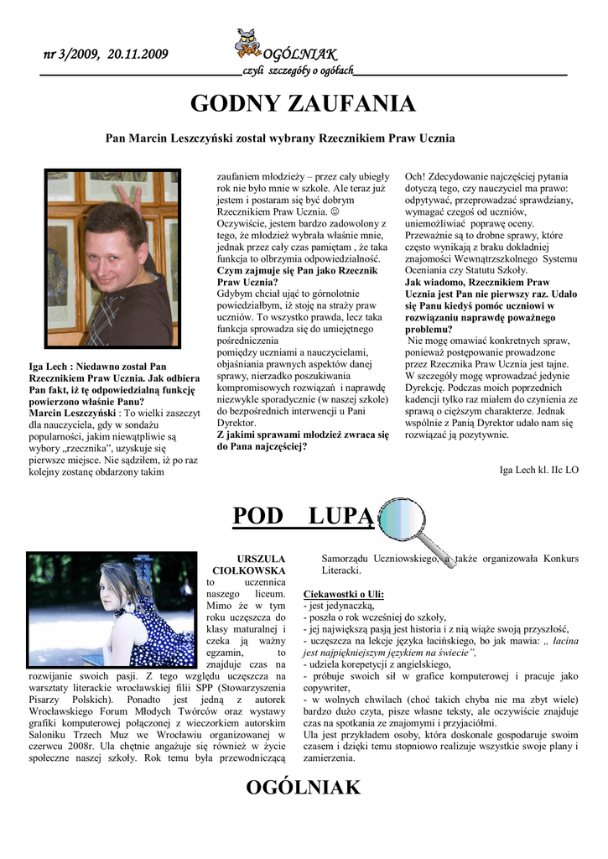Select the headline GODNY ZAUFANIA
click(303, 104)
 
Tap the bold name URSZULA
click(261, 558)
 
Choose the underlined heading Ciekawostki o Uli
click(344, 594)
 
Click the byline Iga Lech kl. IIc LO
click(538, 470)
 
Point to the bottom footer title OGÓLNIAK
click(303, 787)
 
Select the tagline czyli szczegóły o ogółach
click(298, 70)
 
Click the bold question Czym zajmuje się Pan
click(297, 271)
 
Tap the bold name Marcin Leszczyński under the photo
click(70, 414)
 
